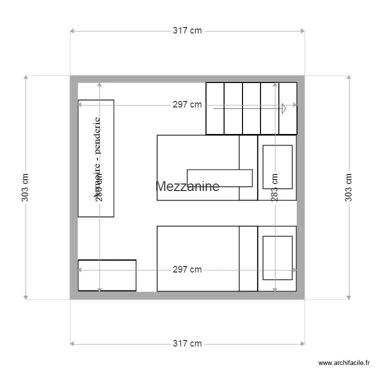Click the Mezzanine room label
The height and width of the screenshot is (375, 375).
(x=187, y=186)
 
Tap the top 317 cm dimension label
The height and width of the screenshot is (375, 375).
(x=187, y=30)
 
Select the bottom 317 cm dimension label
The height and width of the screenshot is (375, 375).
(x=187, y=343)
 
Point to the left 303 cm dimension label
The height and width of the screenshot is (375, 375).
(x=25, y=187)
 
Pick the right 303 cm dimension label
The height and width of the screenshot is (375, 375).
(x=349, y=187)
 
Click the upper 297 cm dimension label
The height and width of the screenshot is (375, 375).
(x=187, y=104)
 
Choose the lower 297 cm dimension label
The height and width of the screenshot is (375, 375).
(x=187, y=270)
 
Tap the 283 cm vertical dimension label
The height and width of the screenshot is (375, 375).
(x=274, y=187)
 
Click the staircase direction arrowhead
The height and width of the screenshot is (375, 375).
(x=283, y=108)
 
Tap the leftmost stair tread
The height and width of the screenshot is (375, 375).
(x=215, y=108)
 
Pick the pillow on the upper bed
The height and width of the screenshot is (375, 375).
(x=277, y=166)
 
